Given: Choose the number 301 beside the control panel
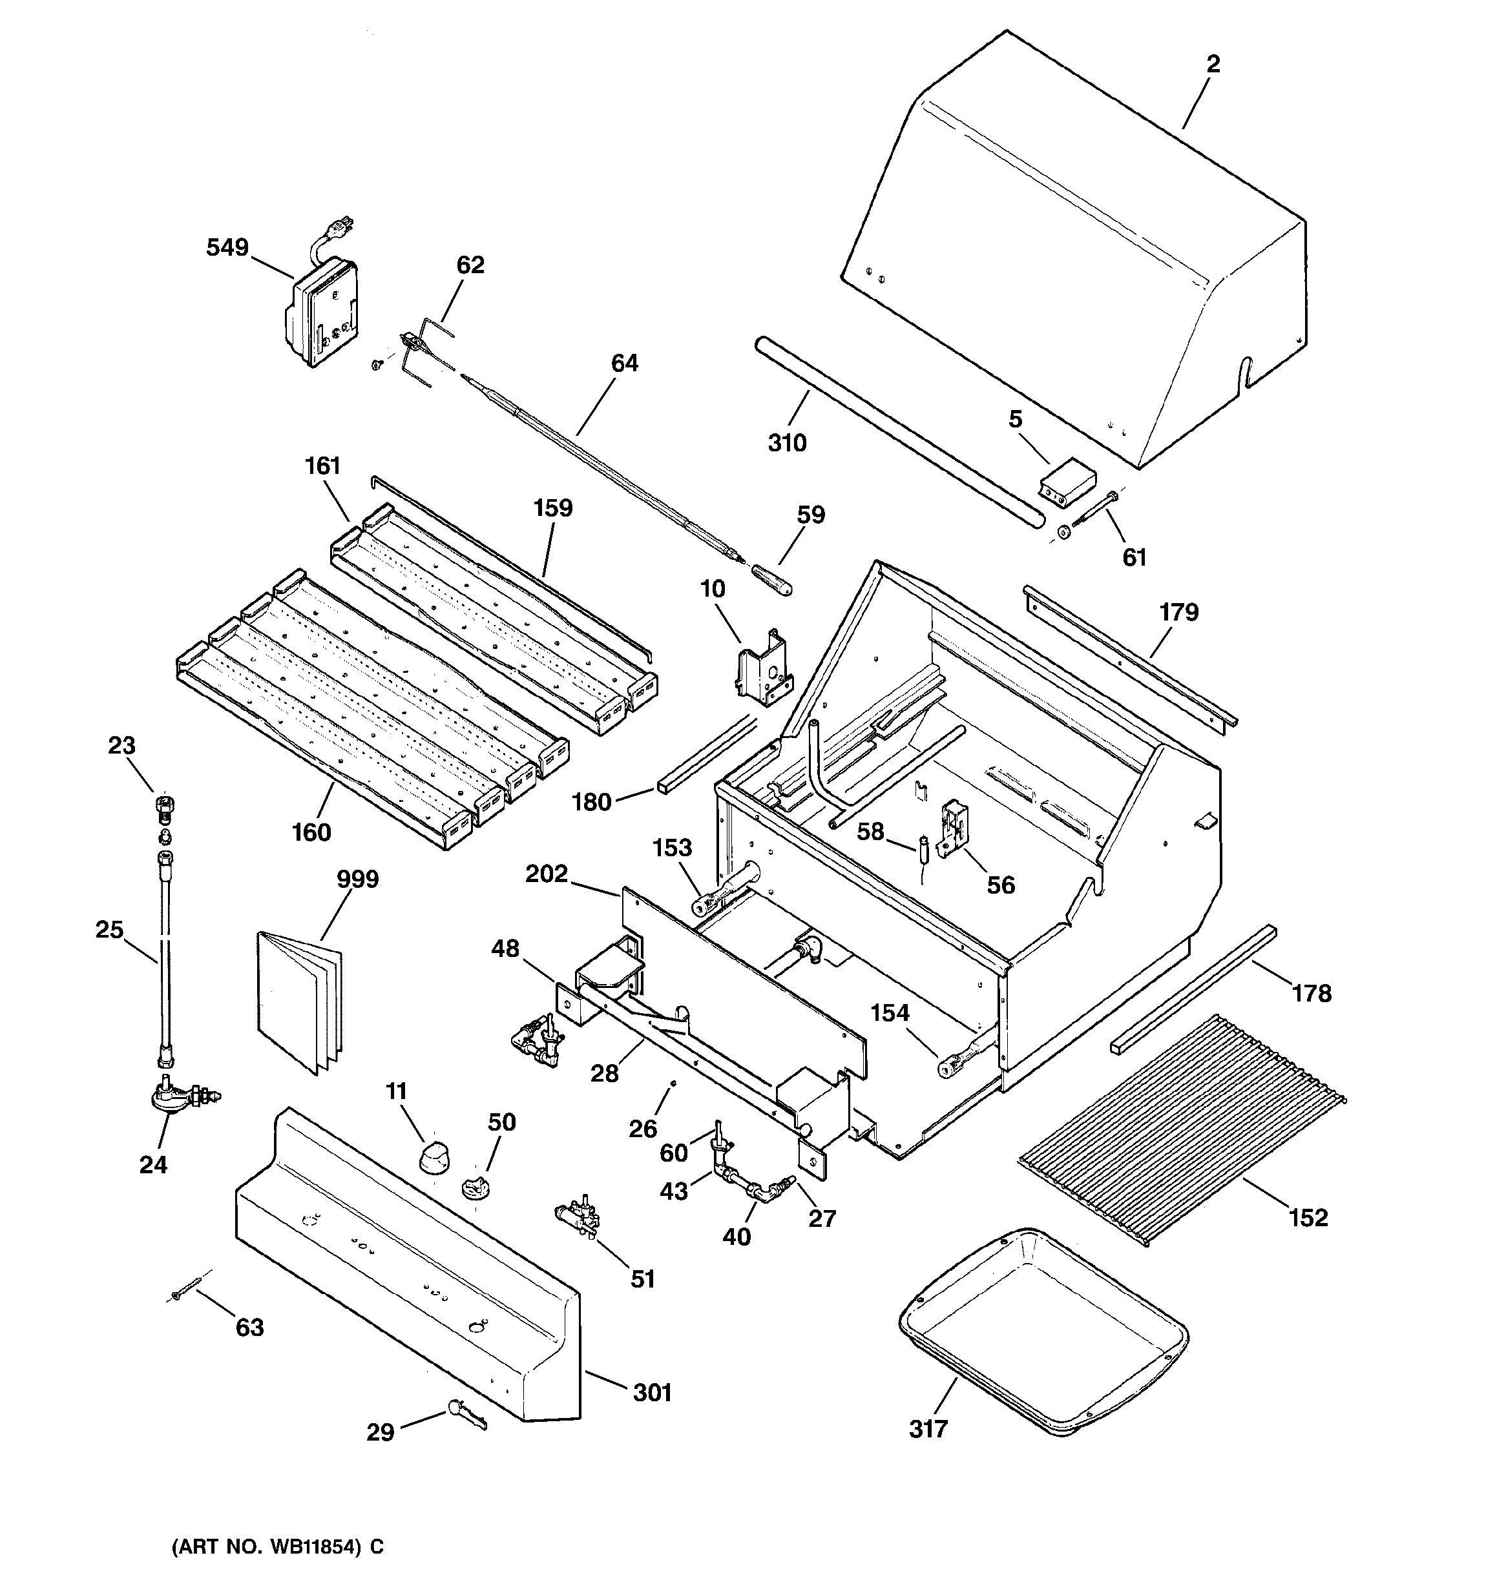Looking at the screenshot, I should click(652, 1393).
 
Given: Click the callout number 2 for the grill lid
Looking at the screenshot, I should click(1213, 64).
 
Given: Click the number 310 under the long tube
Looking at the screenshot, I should click(787, 443).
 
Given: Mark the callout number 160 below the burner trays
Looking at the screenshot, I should click(311, 832).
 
